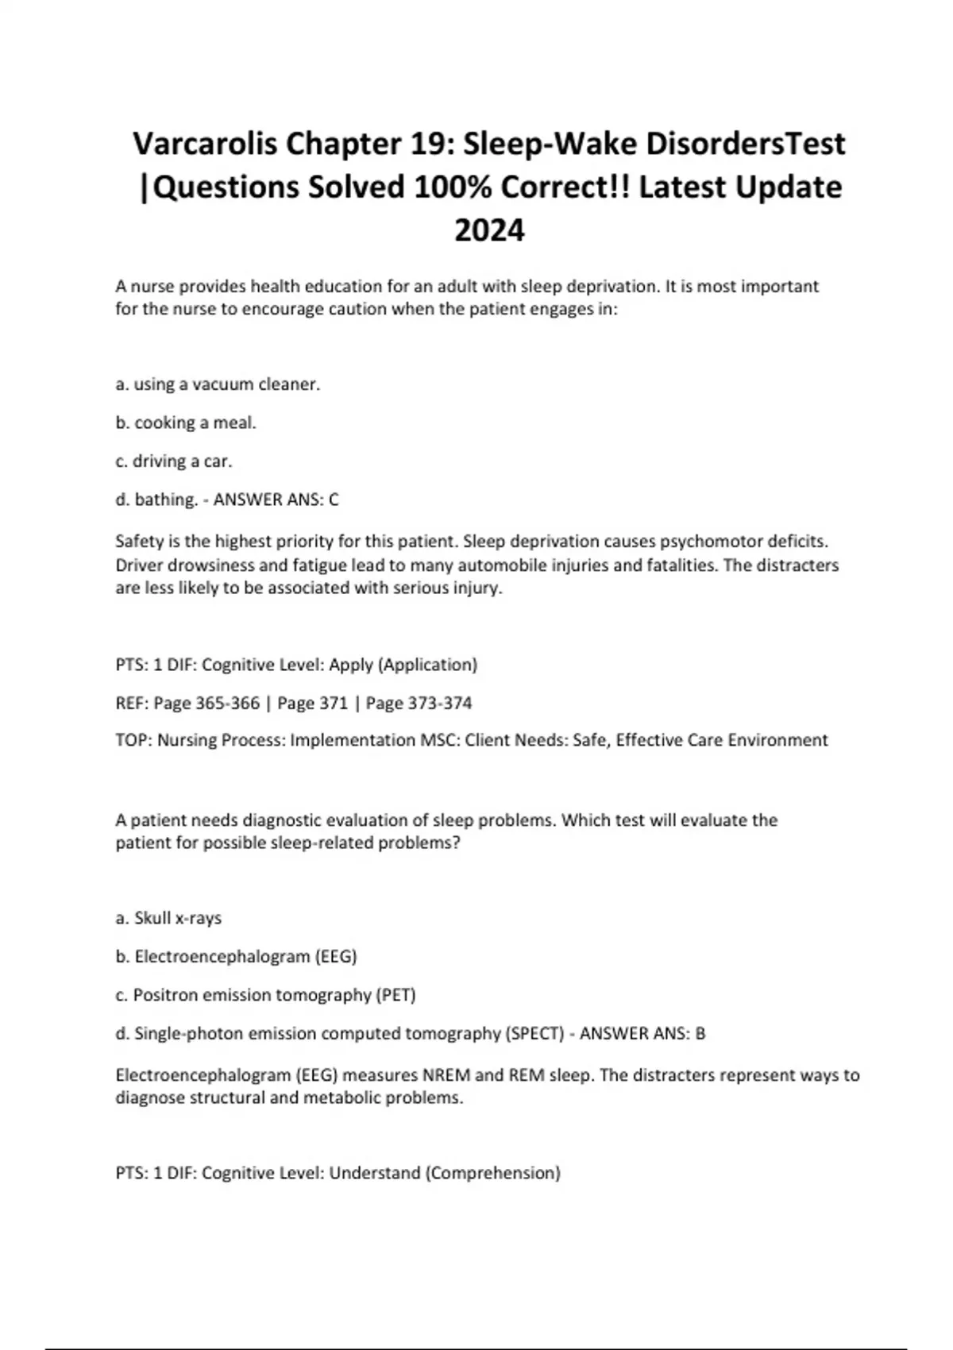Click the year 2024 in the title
(489, 231)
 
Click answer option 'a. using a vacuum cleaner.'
(218, 384)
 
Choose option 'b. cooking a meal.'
(186, 422)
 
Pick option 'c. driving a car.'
(174, 461)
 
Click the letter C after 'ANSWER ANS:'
(334, 499)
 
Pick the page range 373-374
(439, 703)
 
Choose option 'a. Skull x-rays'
(168, 918)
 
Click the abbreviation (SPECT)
(534, 1034)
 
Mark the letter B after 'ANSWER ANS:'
(700, 1034)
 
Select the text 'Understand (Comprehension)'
(445, 1173)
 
